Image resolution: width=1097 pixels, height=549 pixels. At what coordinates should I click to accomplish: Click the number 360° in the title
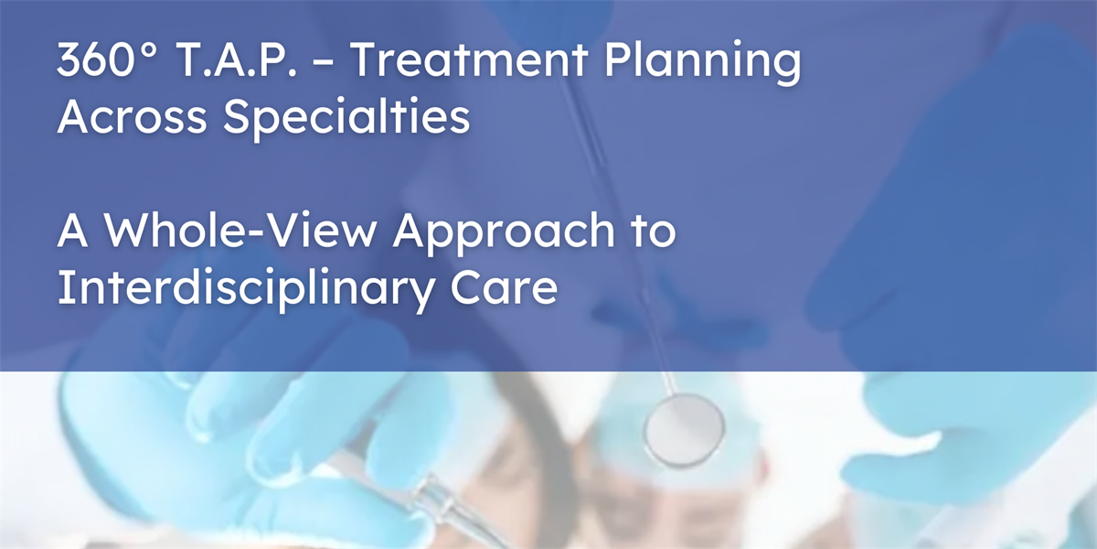point(107,59)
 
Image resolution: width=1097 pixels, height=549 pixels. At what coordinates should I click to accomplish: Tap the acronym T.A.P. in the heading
point(237,59)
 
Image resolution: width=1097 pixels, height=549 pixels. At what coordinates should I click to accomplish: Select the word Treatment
point(469,59)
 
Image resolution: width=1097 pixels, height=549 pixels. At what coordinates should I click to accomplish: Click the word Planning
point(703,64)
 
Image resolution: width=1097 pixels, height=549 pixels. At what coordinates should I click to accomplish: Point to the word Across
point(133,117)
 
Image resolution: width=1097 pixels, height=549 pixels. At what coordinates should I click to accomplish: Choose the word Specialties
point(346,118)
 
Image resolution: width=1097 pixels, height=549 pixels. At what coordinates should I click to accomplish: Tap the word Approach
point(504,233)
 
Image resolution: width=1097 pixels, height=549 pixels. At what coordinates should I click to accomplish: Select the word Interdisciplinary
point(246,289)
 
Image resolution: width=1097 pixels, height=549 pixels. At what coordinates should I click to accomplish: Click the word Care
point(504,287)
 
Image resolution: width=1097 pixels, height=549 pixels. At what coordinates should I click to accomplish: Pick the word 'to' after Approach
point(654,231)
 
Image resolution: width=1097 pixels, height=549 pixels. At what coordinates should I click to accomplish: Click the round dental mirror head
point(684,430)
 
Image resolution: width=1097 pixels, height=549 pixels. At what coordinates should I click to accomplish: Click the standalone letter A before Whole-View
point(73,231)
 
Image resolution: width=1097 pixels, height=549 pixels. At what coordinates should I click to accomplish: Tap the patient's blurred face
point(671,500)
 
